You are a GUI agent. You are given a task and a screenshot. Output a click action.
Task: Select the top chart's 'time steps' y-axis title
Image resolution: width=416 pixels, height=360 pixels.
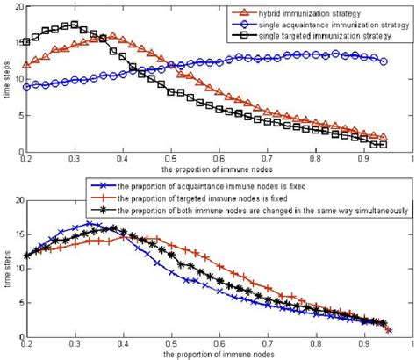point(7,79)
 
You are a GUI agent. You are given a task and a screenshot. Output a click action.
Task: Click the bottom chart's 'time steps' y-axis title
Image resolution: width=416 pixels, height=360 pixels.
point(7,268)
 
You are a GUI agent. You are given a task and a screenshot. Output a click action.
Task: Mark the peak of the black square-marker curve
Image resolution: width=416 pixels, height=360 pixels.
point(74,25)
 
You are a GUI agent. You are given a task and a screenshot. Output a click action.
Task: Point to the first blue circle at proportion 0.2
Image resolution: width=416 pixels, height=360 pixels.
point(26,87)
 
